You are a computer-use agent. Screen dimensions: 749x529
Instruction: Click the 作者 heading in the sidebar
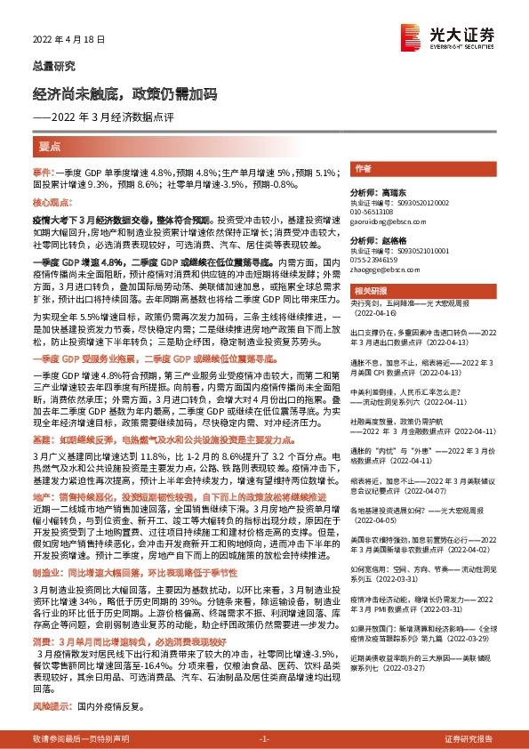tap(362, 168)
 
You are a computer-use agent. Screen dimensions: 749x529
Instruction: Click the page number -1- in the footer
tap(263, 739)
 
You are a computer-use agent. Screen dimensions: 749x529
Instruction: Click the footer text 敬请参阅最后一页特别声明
tap(76, 739)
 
